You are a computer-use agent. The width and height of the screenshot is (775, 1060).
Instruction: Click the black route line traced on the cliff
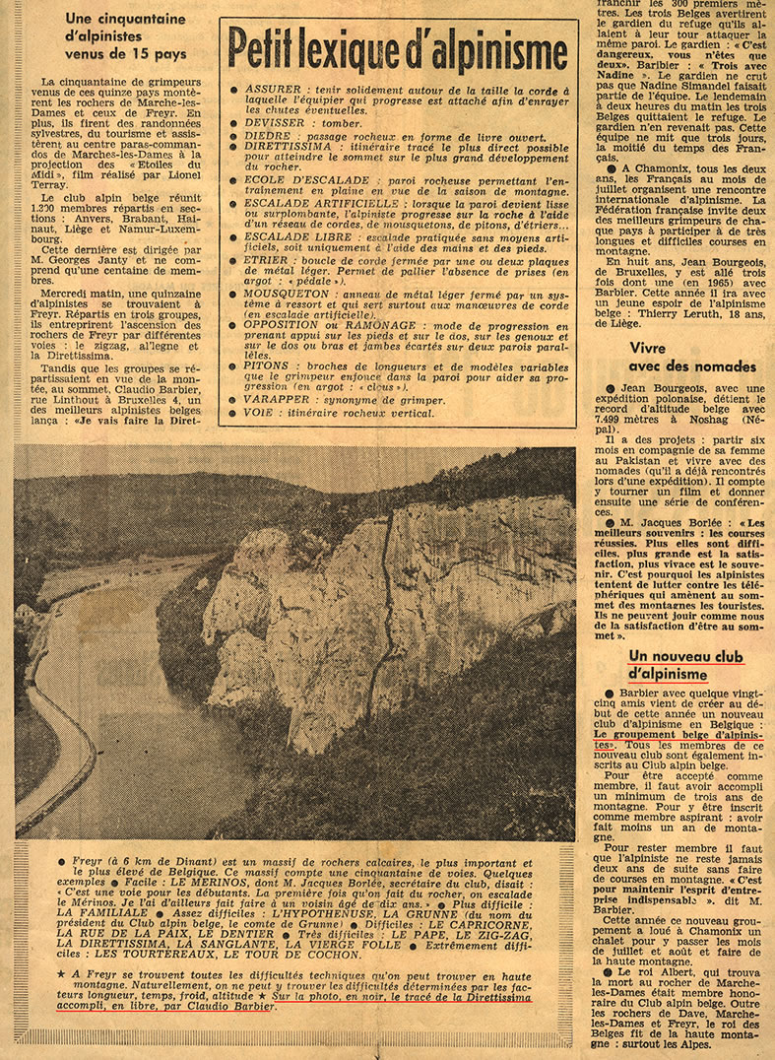[x=387, y=591]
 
